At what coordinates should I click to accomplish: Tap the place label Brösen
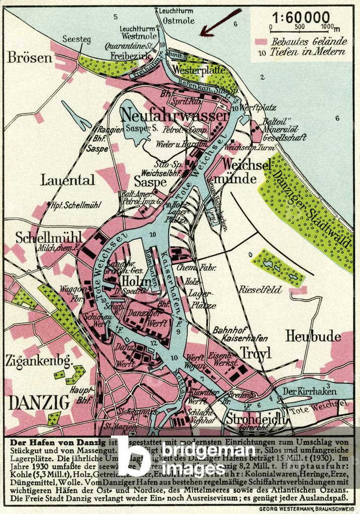[x=30, y=57]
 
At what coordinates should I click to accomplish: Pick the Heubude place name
[x=313, y=336]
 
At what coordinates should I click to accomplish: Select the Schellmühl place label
[x=42, y=237]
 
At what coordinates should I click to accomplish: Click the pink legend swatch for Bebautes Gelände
[x=260, y=42]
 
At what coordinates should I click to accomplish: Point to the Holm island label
[x=133, y=277]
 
